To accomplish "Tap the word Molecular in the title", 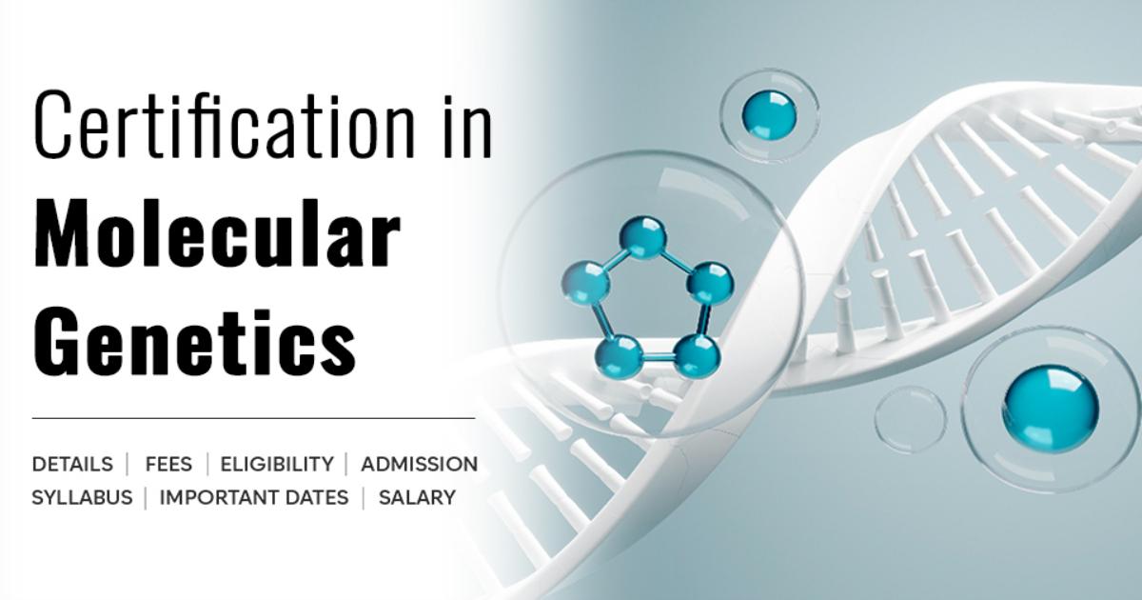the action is [x=217, y=234].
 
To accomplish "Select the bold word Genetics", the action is [x=195, y=340].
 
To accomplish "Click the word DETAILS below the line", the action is [x=72, y=465].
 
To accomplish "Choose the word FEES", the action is [x=168, y=465].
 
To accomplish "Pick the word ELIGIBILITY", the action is [x=277, y=465].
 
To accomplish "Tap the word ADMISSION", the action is [x=420, y=465].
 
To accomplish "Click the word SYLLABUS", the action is [x=82, y=497].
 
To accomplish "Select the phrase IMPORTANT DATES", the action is [x=254, y=497].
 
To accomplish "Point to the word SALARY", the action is [x=417, y=497].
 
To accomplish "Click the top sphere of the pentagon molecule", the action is [x=643, y=238].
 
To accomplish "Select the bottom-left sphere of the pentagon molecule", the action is [x=619, y=356].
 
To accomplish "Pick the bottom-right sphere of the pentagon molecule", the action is [x=697, y=355].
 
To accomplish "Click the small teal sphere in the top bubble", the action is [x=769, y=115].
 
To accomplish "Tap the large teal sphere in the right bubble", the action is [x=1051, y=409].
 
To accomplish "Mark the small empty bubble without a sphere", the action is [x=911, y=419].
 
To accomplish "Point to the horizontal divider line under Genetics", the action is [x=253, y=418].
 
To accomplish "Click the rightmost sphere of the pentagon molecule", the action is [x=711, y=284].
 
